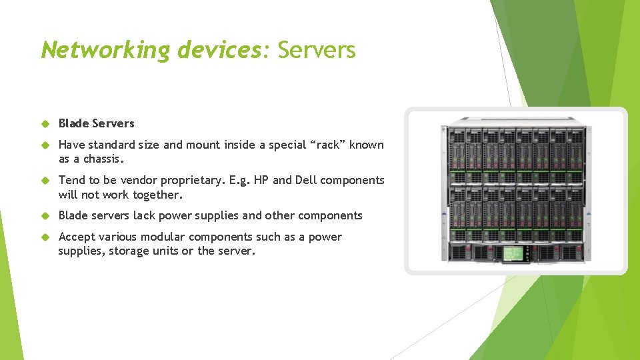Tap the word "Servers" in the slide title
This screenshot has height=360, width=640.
[317, 49]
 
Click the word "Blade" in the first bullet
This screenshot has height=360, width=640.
[73, 123]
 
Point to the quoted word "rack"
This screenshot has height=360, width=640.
[327, 145]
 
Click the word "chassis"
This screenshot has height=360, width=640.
[101, 159]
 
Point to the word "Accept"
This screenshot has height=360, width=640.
[77, 237]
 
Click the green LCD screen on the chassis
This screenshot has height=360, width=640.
[512, 253]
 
